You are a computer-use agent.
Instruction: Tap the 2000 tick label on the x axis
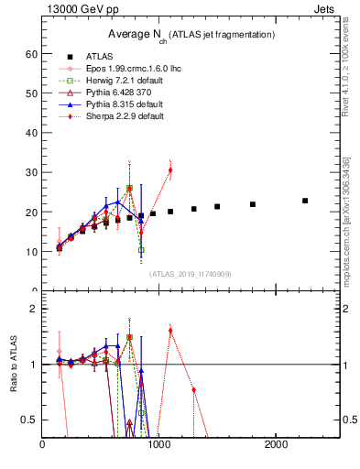277,445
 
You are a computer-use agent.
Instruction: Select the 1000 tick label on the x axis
159,445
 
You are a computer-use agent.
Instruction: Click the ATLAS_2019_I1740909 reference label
191,273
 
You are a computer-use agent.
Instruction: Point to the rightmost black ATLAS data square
305,201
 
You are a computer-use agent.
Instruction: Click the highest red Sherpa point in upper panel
170,170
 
